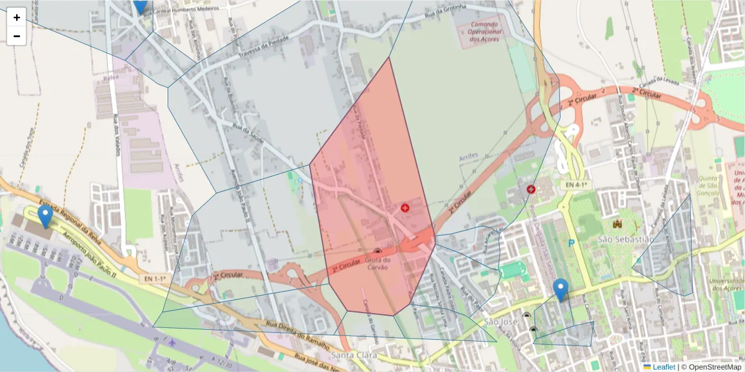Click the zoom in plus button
pyautogui.click(x=17, y=17)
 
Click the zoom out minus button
pyautogui.click(x=17, y=36)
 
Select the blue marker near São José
pyautogui.click(x=561, y=290)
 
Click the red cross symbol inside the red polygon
pyautogui.click(x=405, y=208)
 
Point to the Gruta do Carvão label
pyautogui.click(x=377, y=263)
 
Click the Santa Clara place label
pyautogui.click(x=352, y=355)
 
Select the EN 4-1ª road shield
pyautogui.click(x=575, y=185)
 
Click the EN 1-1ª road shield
pyautogui.click(x=156, y=279)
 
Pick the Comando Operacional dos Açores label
pyautogui.click(x=484, y=30)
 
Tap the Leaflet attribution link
pyautogui.click(x=663, y=367)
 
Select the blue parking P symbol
pyautogui.click(x=571, y=244)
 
